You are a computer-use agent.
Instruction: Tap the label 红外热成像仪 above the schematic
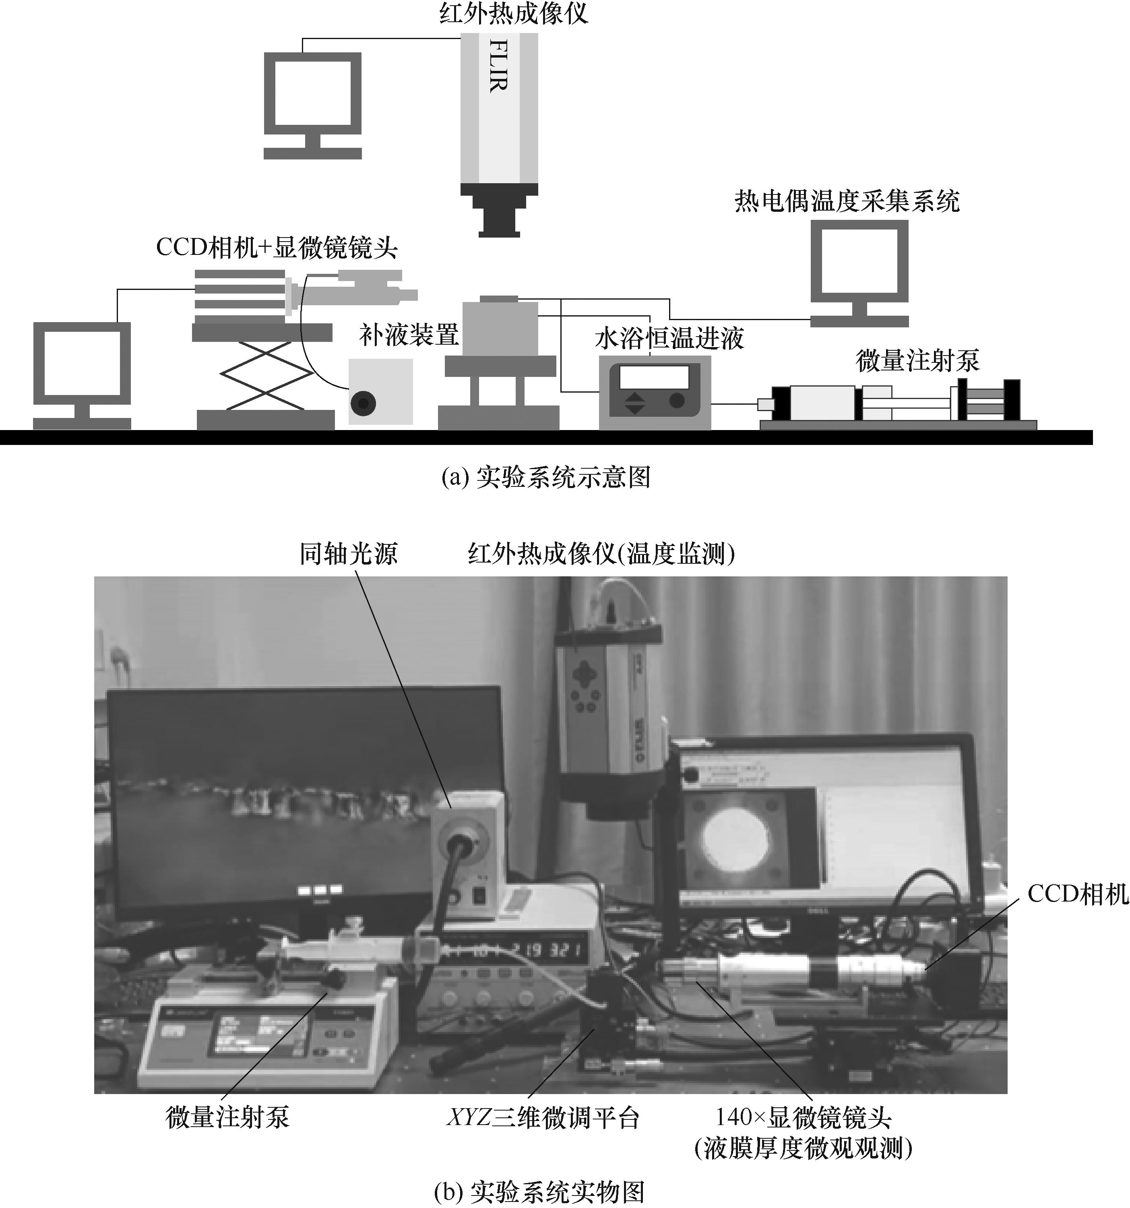click(513, 13)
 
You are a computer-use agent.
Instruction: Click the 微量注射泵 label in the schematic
click(917, 360)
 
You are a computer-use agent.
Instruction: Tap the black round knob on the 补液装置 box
click(363, 403)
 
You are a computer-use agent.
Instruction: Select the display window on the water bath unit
click(654, 377)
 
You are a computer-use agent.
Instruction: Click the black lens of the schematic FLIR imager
click(499, 217)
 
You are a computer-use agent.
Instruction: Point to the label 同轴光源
click(348, 554)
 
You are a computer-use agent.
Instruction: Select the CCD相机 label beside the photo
click(1077, 894)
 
